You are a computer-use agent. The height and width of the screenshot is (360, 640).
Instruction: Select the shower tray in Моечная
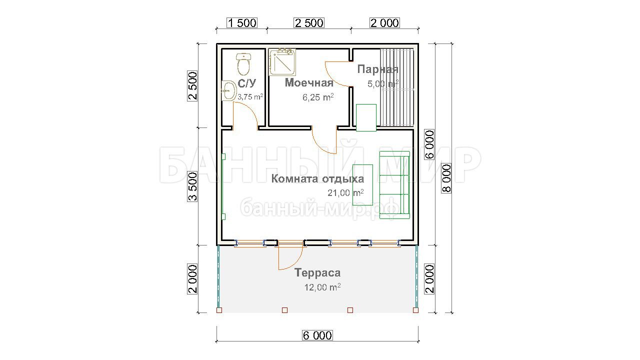click(x=282, y=62)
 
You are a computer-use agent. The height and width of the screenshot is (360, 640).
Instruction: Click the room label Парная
click(x=377, y=69)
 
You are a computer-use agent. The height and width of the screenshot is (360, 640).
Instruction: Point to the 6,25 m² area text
click(x=318, y=97)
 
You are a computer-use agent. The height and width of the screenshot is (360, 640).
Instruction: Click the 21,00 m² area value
click(x=345, y=193)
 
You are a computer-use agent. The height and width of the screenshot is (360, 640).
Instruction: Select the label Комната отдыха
click(x=317, y=179)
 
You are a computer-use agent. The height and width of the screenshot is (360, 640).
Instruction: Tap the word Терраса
click(x=317, y=272)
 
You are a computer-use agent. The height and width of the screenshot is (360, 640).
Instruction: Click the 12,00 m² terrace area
click(x=322, y=287)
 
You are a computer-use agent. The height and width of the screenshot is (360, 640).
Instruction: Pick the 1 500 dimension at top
click(x=242, y=23)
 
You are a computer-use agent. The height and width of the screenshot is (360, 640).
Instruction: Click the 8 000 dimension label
click(x=446, y=178)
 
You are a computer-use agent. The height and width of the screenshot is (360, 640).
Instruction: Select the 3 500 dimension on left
click(x=192, y=186)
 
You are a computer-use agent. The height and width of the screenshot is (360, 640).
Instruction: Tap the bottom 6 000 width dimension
click(x=317, y=335)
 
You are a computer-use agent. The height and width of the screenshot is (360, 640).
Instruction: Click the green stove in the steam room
click(x=366, y=117)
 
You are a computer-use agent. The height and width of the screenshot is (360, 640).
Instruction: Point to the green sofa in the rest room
click(x=394, y=185)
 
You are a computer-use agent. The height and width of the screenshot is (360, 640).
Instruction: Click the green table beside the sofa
click(x=362, y=185)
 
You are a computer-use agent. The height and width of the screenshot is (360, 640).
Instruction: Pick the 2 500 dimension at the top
click(x=309, y=23)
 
